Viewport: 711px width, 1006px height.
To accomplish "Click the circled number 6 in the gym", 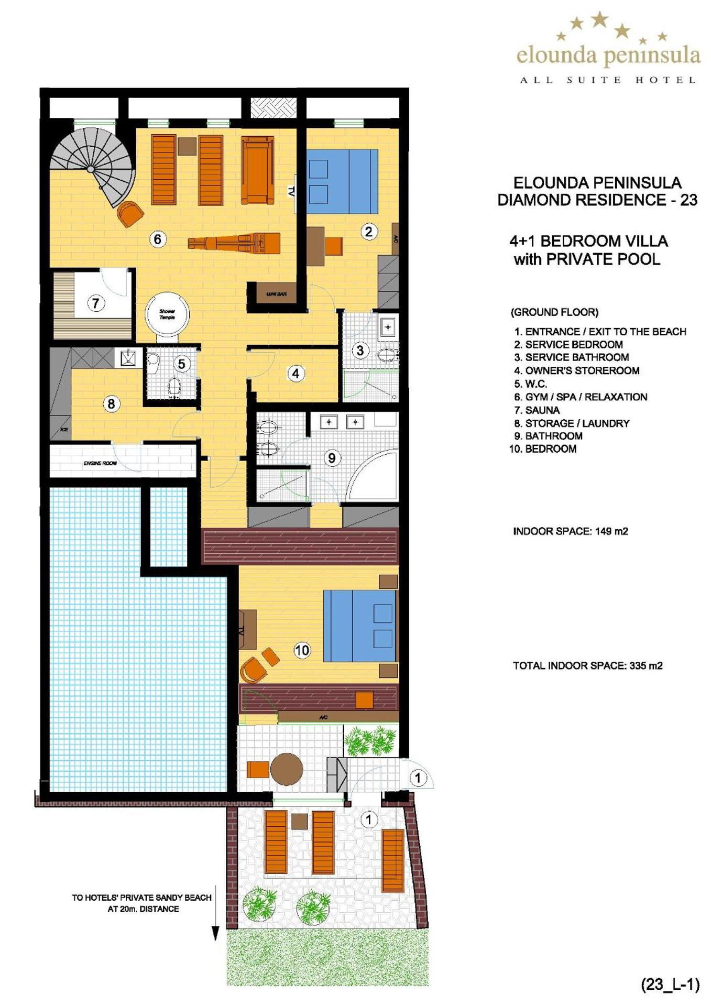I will click(x=158, y=239).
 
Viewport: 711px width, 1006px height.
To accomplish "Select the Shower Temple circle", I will click(x=167, y=314).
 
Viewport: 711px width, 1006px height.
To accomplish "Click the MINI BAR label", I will click(x=276, y=294).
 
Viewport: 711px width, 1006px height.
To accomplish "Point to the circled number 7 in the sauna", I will click(x=95, y=303).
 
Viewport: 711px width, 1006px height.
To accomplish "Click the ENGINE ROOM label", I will click(x=100, y=463).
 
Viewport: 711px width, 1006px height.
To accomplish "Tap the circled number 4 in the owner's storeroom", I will click(x=296, y=374).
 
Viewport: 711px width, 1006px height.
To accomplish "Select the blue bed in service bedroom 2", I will click(x=342, y=181).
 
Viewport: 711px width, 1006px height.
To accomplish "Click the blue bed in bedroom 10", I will click(x=359, y=626).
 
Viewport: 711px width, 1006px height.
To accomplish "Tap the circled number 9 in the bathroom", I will click(x=332, y=458).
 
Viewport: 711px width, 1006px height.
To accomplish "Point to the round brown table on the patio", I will click(x=287, y=769).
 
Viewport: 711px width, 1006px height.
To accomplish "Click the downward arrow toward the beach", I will click(x=215, y=933).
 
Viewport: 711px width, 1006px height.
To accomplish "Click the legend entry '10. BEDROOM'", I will click(x=543, y=449).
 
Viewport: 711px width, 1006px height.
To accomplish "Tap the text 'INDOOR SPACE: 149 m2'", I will click(x=570, y=531).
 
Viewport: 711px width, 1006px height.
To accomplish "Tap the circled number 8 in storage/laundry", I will click(x=111, y=404).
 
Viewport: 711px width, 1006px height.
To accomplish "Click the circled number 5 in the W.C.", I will click(x=181, y=364).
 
